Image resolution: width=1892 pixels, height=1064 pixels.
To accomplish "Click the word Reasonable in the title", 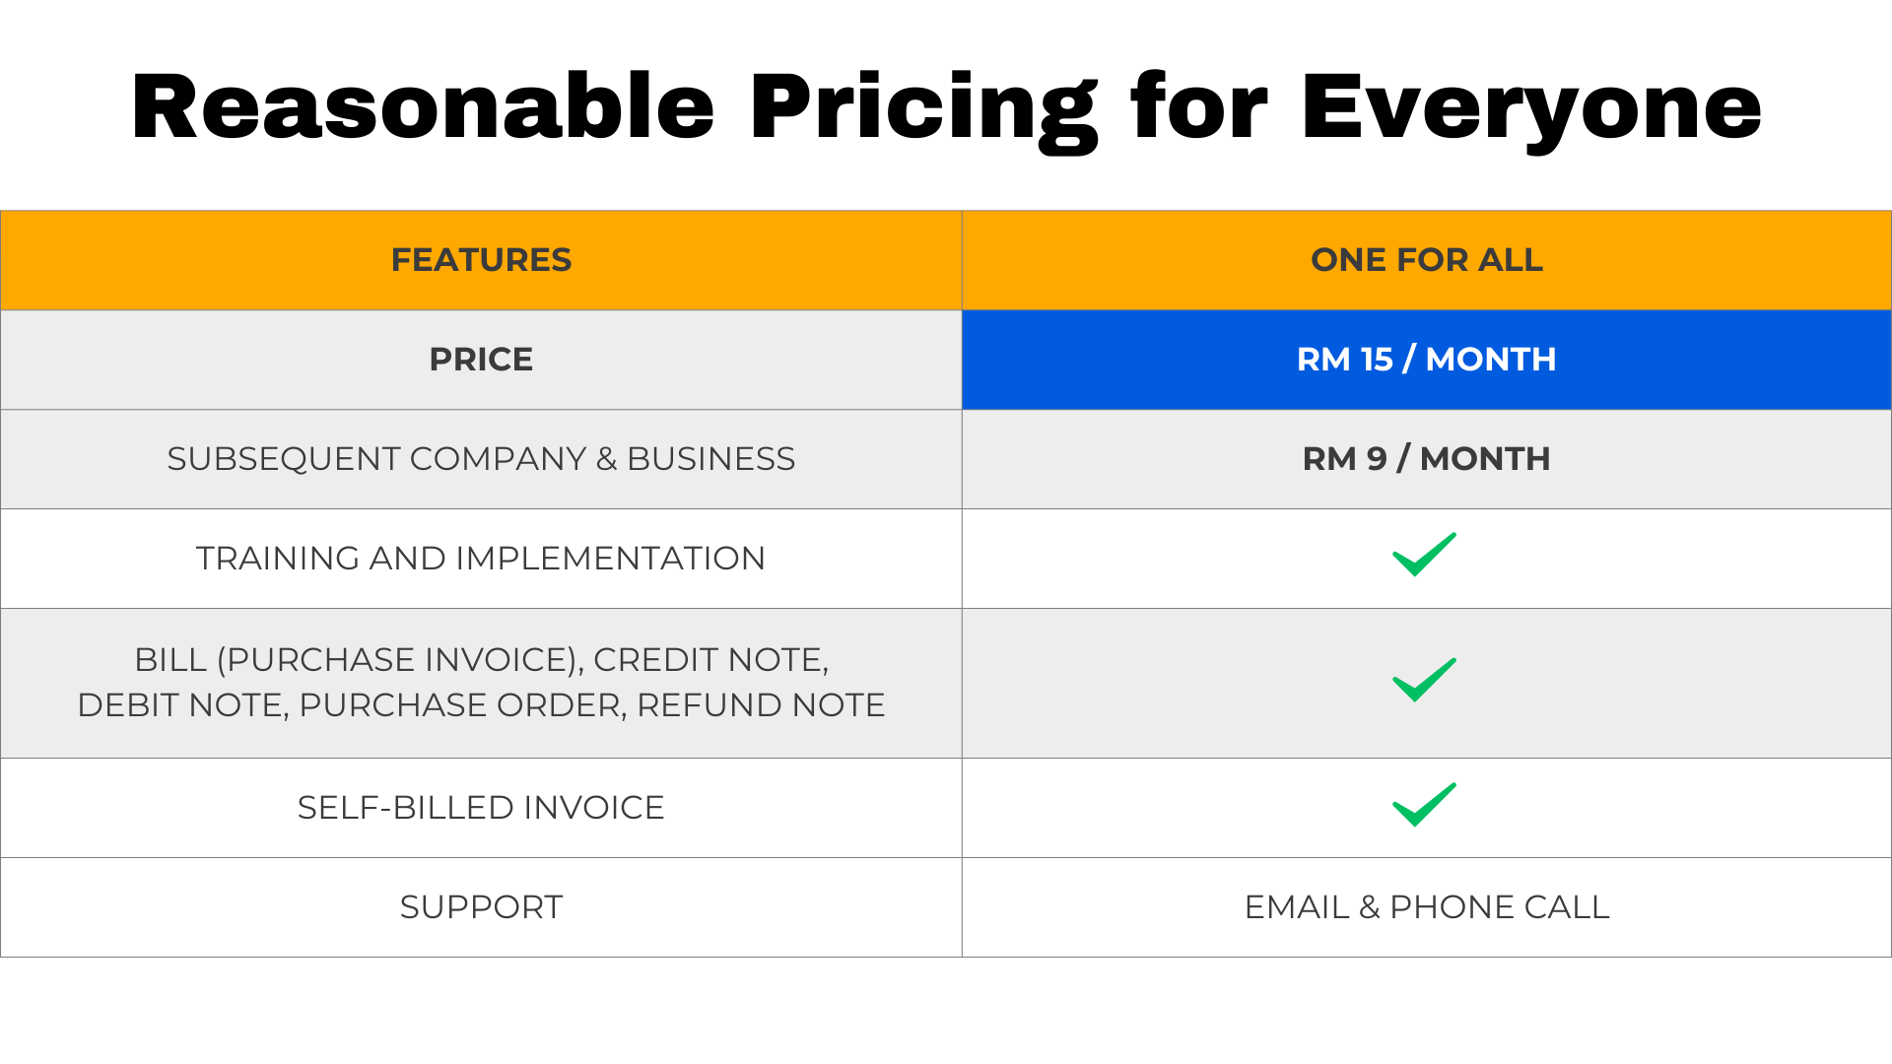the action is click(x=423, y=106).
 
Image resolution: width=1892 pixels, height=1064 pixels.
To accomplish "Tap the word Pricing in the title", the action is click(x=923, y=111).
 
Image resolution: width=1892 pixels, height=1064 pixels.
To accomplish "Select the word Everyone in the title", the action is click(x=1531, y=111).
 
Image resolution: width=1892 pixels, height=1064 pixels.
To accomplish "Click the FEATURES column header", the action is click(x=481, y=260).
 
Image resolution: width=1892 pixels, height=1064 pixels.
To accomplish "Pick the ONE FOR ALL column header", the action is click(x=1427, y=260).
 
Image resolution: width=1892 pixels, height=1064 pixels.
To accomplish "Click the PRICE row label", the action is click(x=481, y=360).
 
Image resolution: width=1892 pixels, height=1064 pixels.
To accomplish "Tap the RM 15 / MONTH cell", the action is click(x=1427, y=360).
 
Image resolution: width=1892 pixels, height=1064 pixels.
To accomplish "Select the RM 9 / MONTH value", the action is click(x=1427, y=459).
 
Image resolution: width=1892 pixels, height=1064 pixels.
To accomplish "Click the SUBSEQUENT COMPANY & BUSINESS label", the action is click(x=481, y=459).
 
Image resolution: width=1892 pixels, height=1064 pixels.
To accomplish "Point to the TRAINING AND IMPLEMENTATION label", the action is click(x=481, y=559).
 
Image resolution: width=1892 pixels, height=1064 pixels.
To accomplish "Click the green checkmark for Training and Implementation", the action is click(x=1424, y=555).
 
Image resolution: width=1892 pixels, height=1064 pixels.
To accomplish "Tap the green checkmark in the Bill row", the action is click(x=1424, y=680).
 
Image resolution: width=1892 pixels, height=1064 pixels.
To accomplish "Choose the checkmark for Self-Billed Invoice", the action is click(x=1424, y=805).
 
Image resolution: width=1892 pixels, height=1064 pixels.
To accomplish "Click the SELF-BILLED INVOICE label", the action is click(x=481, y=808).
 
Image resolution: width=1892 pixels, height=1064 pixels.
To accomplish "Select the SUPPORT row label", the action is click(x=481, y=907).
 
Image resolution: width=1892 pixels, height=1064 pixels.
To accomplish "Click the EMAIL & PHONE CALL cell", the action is click(x=1427, y=907).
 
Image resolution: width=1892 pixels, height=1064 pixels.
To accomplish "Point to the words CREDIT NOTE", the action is click(x=710, y=661).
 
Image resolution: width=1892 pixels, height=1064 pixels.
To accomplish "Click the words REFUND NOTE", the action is click(x=761, y=705).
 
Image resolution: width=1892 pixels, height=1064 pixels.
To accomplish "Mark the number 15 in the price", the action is click(x=1377, y=360).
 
